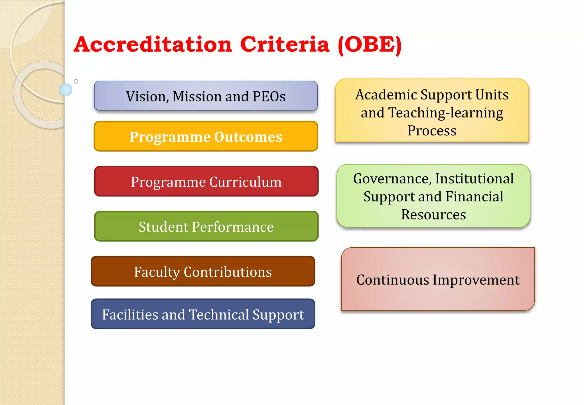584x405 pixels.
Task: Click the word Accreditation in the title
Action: pyautogui.click(x=153, y=45)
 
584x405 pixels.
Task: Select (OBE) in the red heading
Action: pyautogui.click(x=370, y=45)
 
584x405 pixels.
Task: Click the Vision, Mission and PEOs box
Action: pyautogui.click(x=206, y=96)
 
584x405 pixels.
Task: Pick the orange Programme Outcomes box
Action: pyautogui.click(x=206, y=137)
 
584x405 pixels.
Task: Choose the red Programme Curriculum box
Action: pyautogui.click(x=206, y=181)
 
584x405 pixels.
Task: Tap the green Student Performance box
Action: pyautogui.click(x=206, y=226)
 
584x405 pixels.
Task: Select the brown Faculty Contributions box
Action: pyautogui.click(x=203, y=271)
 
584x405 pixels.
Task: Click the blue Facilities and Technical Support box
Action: pyautogui.click(x=203, y=314)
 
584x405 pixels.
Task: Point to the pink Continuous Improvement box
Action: pyautogui.click(x=438, y=279)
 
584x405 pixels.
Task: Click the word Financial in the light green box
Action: pyautogui.click(x=474, y=197)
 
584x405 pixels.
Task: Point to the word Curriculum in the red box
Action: pyautogui.click(x=245, y=182)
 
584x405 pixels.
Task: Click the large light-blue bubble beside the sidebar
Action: pyautogui.click(x=66, y=90)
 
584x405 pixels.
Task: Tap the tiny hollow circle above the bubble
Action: pyautogui.click(x=76, y=81)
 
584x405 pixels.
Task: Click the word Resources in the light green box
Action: pyautogui.click(x=433, y=215)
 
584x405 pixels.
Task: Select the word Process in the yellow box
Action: pyautogui.click(x=432, y=131)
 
